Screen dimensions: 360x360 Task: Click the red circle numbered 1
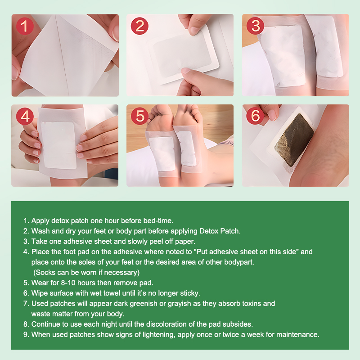[25, 26]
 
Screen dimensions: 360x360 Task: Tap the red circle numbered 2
[139, 26]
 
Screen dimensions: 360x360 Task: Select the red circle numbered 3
[255, 26]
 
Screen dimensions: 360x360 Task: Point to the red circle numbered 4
[25, 116]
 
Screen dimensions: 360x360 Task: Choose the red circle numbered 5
[139, 116]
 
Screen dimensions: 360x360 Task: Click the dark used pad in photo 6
[294, 139]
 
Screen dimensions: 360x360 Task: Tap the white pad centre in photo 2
[183, 56]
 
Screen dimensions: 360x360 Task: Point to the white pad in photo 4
[58, 145]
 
